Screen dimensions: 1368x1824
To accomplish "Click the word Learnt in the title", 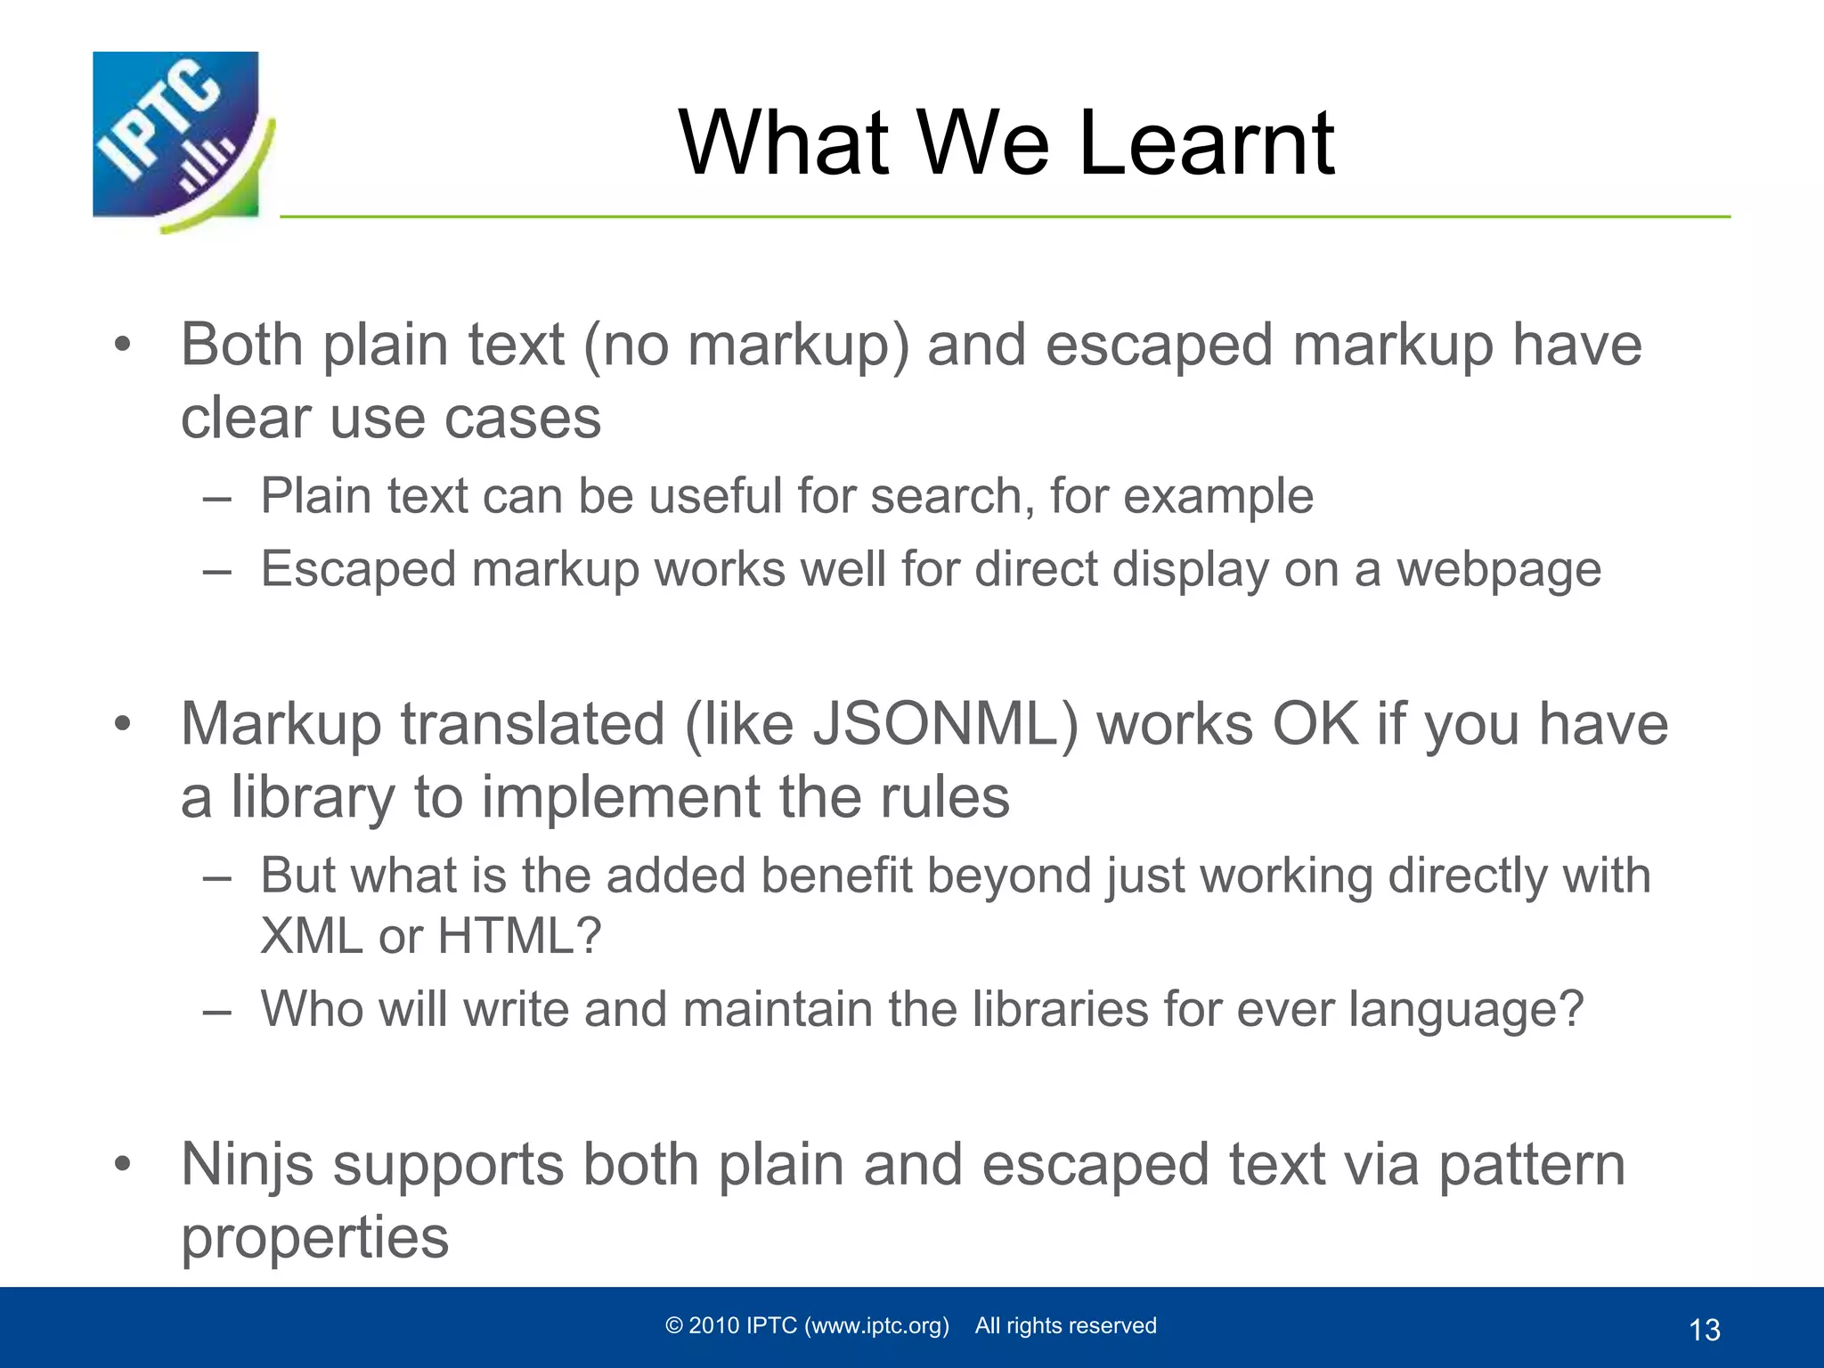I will [1206, 143].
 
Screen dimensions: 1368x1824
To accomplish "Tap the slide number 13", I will [1704, 1330].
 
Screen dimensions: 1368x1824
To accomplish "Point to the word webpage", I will [1498, 570].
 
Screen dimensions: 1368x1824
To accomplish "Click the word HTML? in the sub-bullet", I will [519, 937].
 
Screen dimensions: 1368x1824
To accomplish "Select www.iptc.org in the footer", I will [876, 1326].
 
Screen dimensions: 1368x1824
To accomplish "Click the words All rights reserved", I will [1065, 1326].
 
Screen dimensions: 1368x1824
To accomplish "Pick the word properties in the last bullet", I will [314, 1239].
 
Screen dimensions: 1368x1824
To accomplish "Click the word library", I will [313, 797].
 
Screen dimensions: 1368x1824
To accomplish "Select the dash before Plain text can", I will [216, 498].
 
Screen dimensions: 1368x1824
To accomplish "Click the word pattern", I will [1532, 1165].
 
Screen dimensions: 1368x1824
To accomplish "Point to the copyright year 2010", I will [714, 1326].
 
